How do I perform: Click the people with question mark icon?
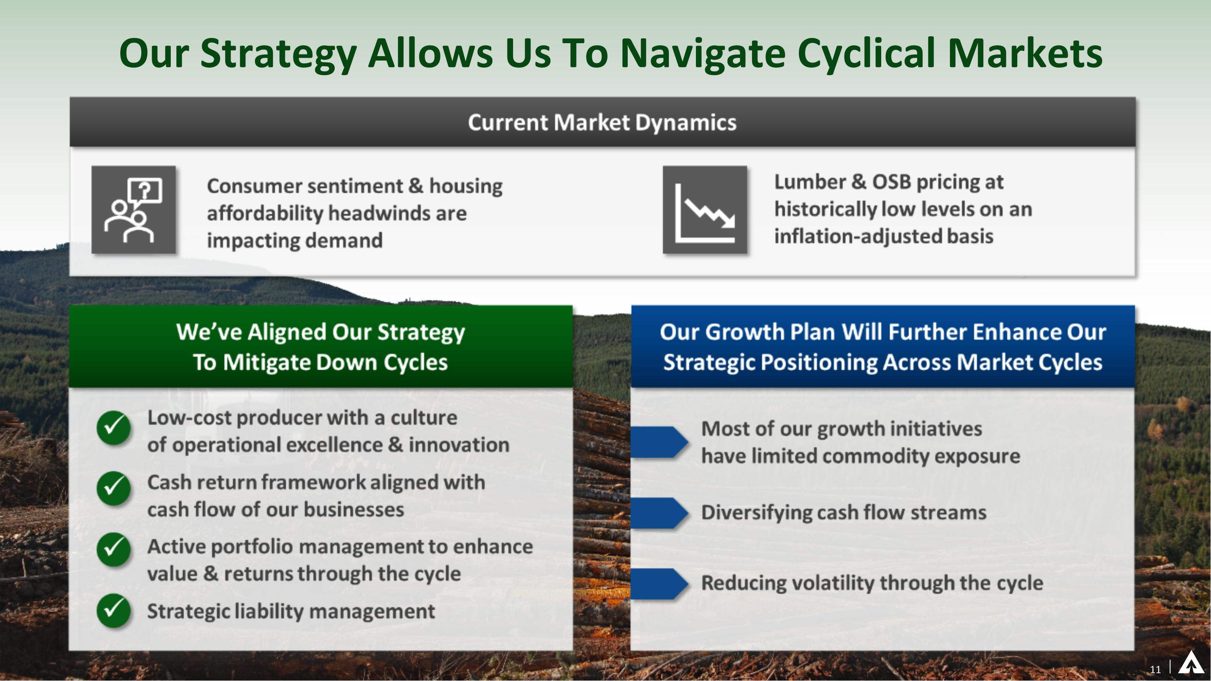coord(134,210)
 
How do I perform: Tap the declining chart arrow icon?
coord(705,210)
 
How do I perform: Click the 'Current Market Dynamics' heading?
coord(602,123)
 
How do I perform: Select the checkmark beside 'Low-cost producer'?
coord(113,427)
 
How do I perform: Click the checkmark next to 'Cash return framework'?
coord(113,488)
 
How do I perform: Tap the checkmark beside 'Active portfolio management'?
coord(113,549)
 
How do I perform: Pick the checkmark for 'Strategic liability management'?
coord(113,610)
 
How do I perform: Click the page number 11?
coord(1155,669)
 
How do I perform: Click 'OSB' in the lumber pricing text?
coord(891,182)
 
